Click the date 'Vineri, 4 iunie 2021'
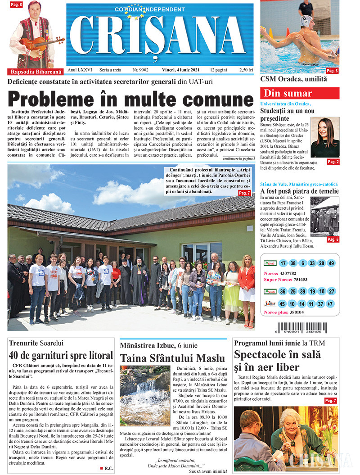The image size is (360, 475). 182,70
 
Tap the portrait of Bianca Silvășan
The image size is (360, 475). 325,137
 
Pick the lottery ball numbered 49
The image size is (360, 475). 331,263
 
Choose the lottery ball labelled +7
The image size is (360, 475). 331,304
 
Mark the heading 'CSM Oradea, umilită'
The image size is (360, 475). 294,79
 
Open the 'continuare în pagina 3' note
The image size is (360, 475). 238,158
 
